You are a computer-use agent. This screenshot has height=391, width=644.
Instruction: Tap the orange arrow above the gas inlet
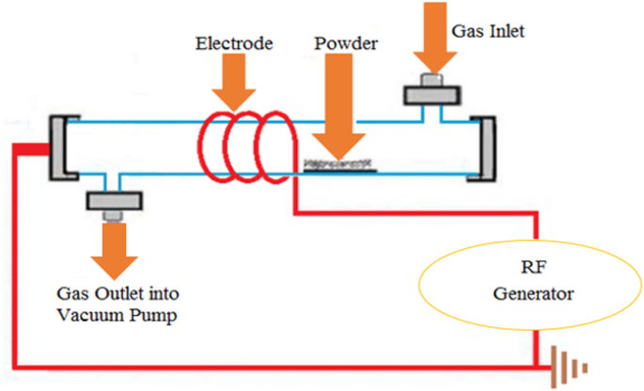click(x=433, y=38)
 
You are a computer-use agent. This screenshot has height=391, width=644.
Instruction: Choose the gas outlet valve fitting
click(x=114, y=200)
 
